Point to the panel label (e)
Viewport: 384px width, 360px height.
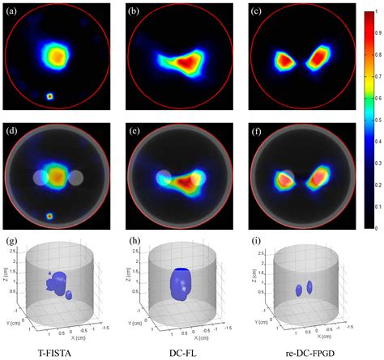[x=134, y=129]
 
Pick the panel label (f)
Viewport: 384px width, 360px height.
[x=258, y=129]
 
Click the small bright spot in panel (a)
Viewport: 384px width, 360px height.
[x=50, y=95]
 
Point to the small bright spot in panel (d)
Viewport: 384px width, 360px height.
[x=50, y=216]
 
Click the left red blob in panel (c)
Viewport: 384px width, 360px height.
[x=285, y=59]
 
